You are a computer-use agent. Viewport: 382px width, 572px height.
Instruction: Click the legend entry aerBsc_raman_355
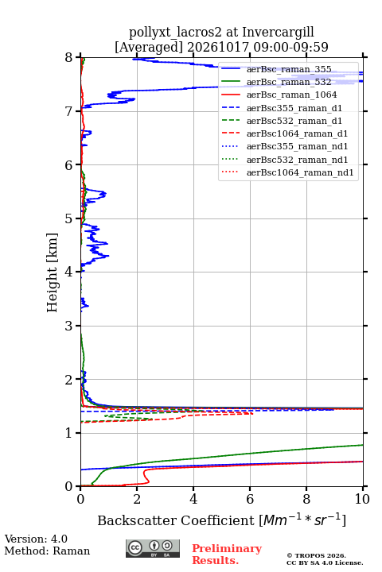pos(289,69)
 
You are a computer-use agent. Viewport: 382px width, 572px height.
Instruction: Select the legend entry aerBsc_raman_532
pos(289,82)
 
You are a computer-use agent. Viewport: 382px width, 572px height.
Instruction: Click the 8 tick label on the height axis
pos(69,58)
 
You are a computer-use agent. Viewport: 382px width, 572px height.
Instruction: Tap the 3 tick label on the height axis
pos(69,326)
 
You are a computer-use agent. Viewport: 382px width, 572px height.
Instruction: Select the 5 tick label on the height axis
pos(69,218)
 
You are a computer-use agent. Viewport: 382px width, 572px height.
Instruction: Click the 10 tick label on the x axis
pos(362,499)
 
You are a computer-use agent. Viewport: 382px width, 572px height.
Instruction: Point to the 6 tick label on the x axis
pos(250,499)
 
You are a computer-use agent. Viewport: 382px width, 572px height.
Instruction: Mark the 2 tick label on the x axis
pos(137,499)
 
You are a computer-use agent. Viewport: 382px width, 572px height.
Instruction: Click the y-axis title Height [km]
pos(53,272)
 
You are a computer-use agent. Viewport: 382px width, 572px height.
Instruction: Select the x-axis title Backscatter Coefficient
pos(176,520)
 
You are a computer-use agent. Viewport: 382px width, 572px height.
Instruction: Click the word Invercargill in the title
pos(279,32)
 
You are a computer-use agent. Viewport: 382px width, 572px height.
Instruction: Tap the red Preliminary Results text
pos(227,554)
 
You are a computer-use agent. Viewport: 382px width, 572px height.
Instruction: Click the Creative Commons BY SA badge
pos(153,548)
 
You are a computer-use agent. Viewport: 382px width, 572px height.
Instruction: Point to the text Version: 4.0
pos(36,539)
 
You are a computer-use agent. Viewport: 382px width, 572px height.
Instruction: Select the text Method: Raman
pos(47,551)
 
